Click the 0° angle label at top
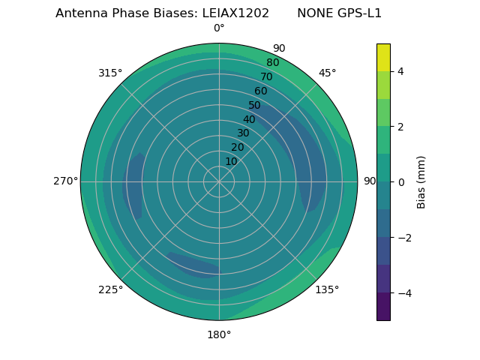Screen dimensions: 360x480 pos(219,28)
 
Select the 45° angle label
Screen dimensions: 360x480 pos(327,73)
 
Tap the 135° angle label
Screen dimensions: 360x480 pos(327,289)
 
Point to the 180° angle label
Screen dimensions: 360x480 pos(219,334)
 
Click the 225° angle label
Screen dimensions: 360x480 pos(110,289)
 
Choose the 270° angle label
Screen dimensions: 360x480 pos(65,181)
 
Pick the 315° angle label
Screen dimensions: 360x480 pos(110,73)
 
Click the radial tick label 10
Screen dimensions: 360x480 pos(231,161)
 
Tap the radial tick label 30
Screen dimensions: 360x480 pos(243,133)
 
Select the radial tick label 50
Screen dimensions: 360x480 pos(254,106)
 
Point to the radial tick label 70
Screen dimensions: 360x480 pos(266,77)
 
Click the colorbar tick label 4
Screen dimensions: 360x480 pos(400,71)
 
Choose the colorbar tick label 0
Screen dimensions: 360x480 pos(400,182)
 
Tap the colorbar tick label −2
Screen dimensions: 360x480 pos(403,238)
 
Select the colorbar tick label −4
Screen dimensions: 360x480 pos(403,293)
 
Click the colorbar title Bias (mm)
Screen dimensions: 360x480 pos(421,182)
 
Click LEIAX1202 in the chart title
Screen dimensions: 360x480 pos(235,13)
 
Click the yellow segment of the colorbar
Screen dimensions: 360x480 pos(383,57)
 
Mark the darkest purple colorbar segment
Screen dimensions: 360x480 pos(383,307)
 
